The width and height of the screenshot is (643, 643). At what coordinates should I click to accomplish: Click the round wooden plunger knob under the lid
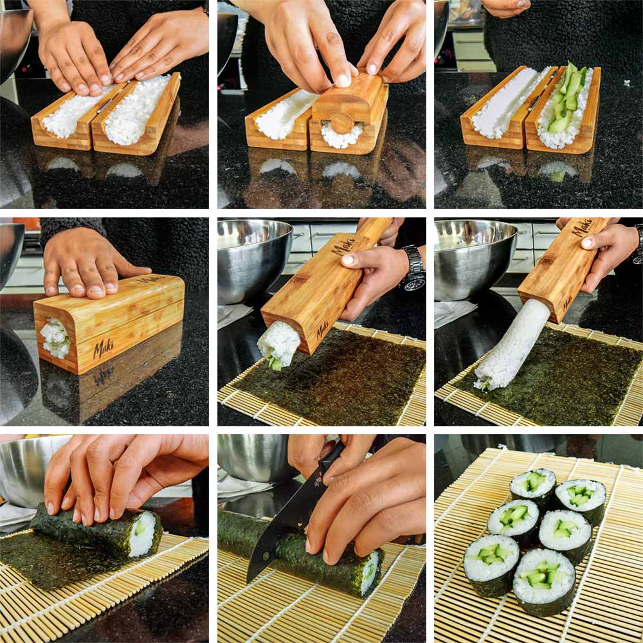[x=342, y=122]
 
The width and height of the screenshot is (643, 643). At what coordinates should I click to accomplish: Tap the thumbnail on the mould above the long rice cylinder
[x=587, y=244]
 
